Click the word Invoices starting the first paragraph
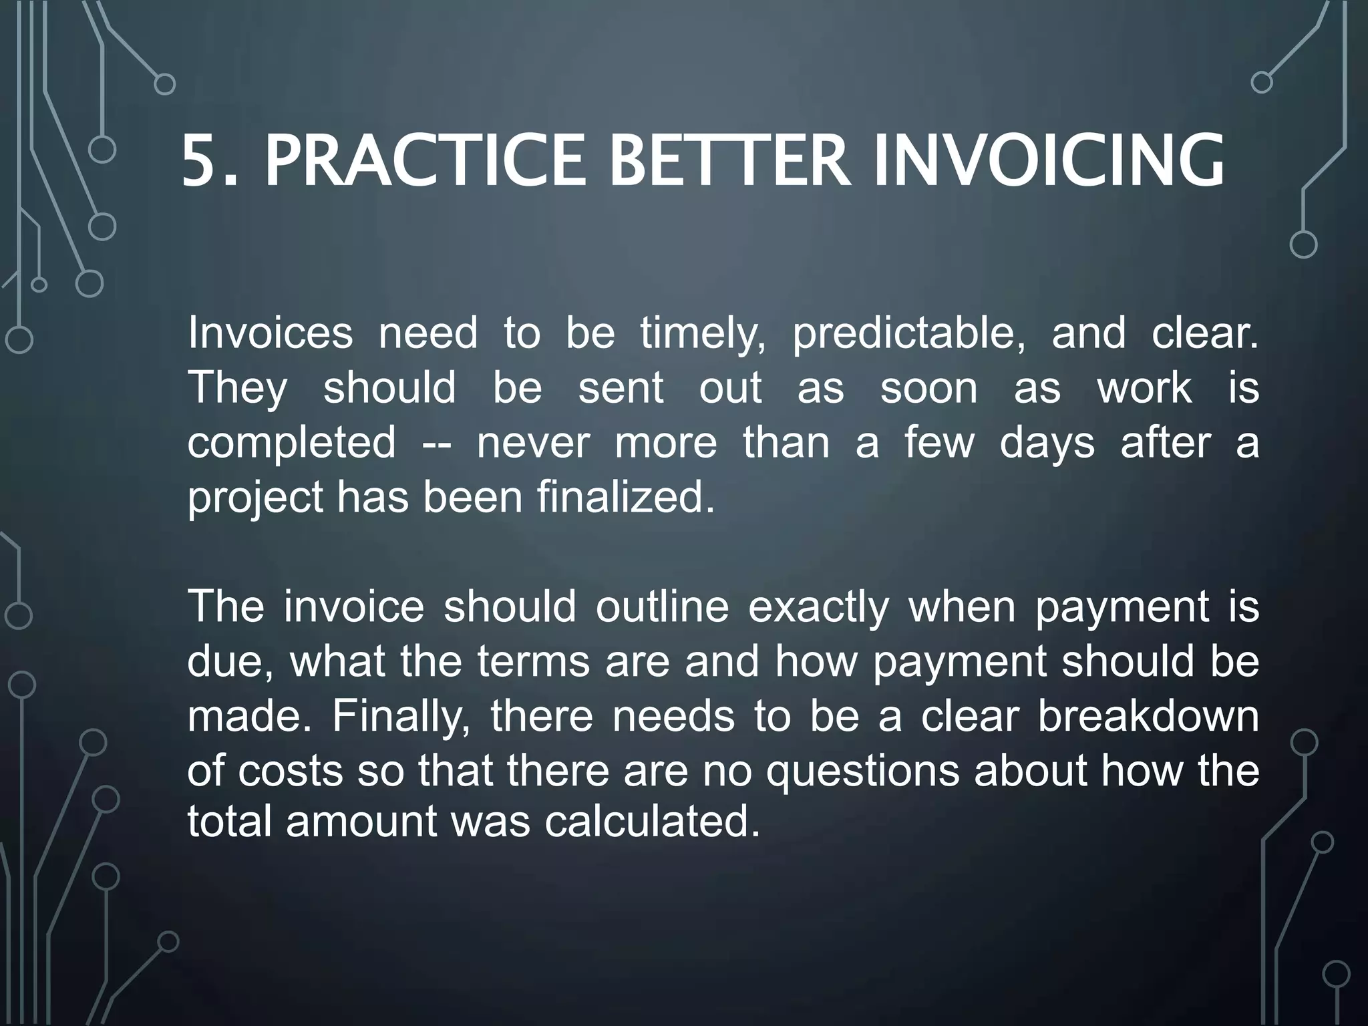pos(270,333)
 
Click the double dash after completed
pos(437,444)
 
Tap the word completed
pos(292,444)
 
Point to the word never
pos(533,443)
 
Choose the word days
pos(1047,444)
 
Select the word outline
pos(662,607)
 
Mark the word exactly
pos(818,609)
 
